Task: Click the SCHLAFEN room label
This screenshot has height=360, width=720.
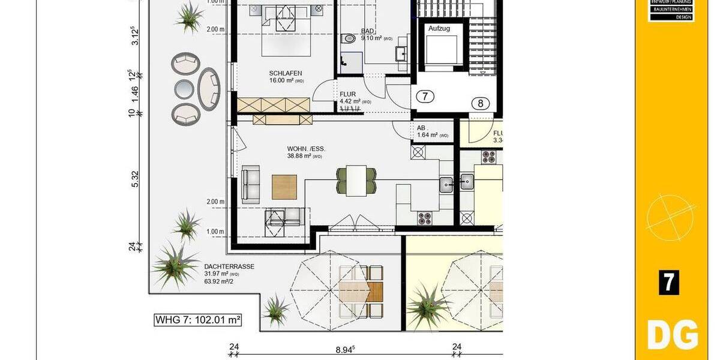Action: (281, 73)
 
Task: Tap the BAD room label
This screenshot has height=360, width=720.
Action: (367, 31)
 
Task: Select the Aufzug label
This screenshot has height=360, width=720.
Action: (439, 28)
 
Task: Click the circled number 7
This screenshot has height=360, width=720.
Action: (424, 96)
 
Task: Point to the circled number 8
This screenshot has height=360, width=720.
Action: (480, 103)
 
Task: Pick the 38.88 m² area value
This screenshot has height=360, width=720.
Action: (305, 156)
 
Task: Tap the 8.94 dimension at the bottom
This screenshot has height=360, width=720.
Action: (345, 347)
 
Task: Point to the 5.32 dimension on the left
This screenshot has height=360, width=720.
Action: (135, 179)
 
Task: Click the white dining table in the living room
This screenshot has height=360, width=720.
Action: (359, 181)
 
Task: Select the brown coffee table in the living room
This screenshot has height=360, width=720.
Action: (284, 187)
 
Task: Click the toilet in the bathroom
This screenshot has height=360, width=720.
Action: (349, 38)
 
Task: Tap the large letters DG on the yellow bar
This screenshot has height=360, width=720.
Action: (672, 334)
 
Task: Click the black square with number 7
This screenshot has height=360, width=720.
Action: (668, 282)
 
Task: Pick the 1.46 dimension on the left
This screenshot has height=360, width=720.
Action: (135, 92)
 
